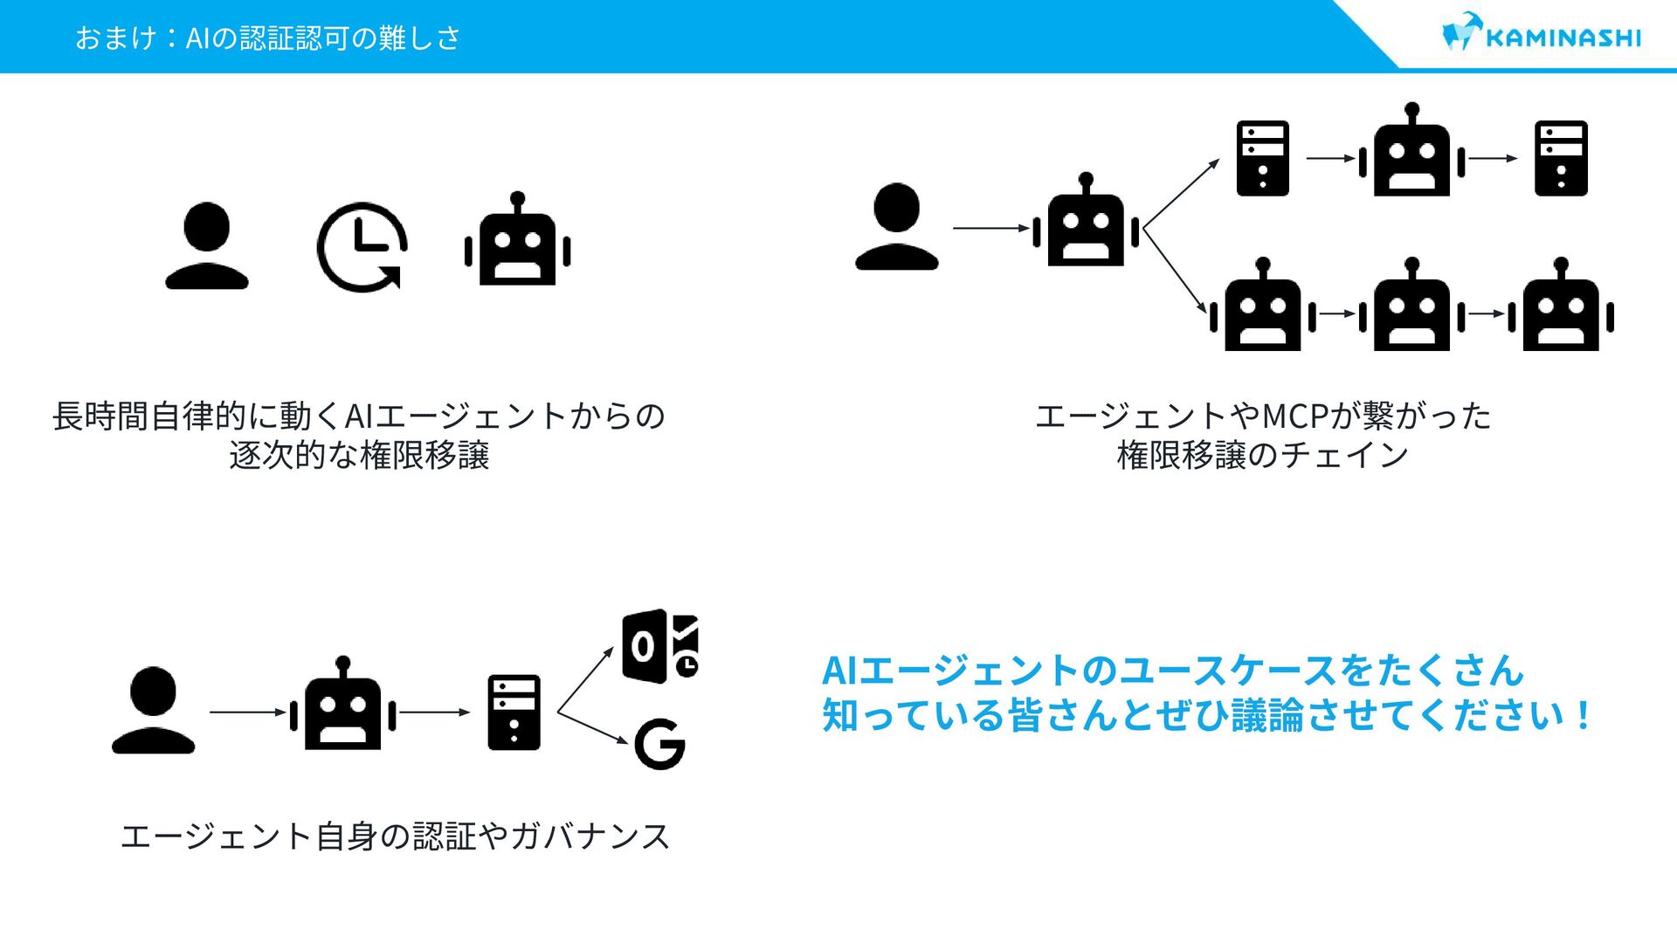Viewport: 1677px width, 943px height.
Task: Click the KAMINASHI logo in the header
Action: (x=1542, y=35)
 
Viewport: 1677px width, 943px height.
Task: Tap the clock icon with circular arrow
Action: (x=361, y=247)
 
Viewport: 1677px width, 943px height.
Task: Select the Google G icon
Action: (x=659, y=744)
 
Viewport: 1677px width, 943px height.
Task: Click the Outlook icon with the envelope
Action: (x=659, y=646)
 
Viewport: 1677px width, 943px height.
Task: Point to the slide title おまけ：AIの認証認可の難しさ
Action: (x=267, y=38)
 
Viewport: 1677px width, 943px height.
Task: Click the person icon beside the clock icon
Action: (x=207, y=245)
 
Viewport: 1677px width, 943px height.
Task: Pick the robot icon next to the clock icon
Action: (x=517, y=242)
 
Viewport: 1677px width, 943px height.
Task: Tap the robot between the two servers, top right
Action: (x=1411, y=153)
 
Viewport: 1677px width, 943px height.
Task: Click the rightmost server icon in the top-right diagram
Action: (x=1561, y=158)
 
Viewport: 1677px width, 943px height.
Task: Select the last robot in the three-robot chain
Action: (x=1561, y=307)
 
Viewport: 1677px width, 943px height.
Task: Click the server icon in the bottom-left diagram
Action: (x=514, y=712)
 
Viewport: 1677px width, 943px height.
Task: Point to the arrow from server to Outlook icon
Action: (x=585, y=680)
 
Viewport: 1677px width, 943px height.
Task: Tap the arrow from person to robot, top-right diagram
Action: (x=991, y=228)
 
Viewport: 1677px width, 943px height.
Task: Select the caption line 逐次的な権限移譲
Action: (x=359, y=456)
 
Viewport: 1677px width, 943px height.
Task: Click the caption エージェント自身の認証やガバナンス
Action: (x=395, y=836)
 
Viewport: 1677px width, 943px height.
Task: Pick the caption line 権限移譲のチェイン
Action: (x=1262, y=456)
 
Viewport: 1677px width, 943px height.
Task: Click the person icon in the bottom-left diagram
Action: (x=153, y=711)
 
